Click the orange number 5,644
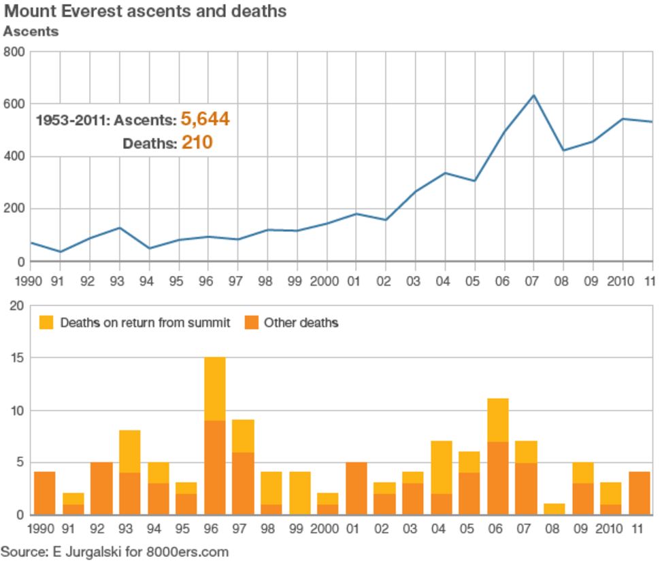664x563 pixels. coord(205,120)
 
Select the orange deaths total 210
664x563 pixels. coord(197,143)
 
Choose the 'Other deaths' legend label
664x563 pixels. coord(301,322)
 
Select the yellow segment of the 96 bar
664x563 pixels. coord(215,389)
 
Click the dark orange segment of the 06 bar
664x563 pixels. coord(498,478)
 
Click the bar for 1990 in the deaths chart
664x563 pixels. coord(44,493)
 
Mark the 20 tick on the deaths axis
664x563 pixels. coord(16,306)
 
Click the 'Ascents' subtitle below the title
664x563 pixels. coord(31,31)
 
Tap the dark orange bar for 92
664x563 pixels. coord(101,488)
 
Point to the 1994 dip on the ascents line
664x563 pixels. coord(149,248)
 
